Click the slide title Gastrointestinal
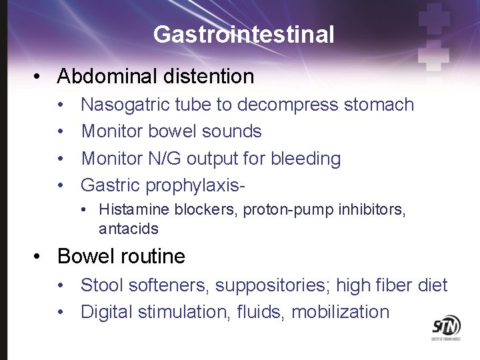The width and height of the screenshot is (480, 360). [243, 34]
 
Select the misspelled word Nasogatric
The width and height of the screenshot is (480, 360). [125, 105]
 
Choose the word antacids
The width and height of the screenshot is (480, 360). [129, 229]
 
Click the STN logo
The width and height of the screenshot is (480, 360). [446, 327]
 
